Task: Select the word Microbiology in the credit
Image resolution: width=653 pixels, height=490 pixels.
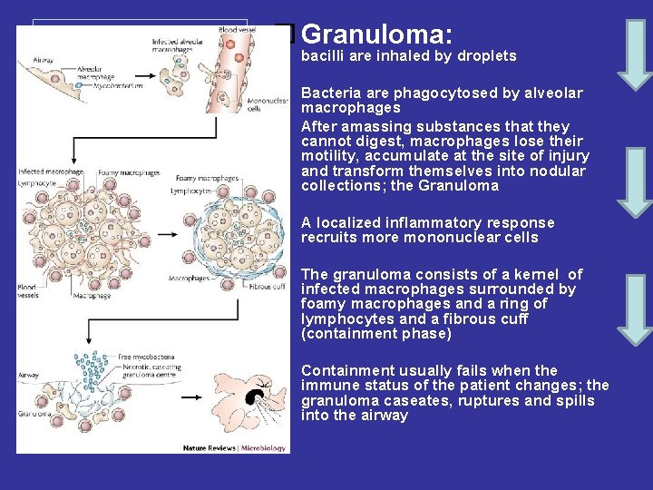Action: click(264, 446)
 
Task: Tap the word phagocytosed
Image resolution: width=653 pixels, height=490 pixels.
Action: click(425, 93)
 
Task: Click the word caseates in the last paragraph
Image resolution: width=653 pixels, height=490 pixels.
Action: click(412, 400)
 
